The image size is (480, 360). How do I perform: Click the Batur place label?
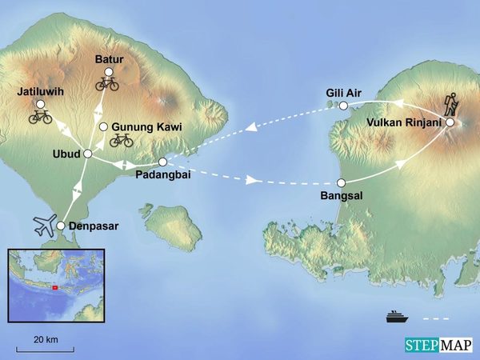(x=108, y=59)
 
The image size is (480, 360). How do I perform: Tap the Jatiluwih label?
(x=40, y=92)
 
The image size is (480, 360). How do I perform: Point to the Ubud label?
(x=67, y=154)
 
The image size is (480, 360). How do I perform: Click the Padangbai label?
(x=162, y=175)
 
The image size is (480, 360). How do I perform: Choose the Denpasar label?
(x=94, y=226)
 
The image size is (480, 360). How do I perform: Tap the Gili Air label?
(x=344, y=92)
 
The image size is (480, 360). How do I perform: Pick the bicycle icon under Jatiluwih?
(x=40, y=117)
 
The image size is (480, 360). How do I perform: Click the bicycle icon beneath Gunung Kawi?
(x=122, y=141)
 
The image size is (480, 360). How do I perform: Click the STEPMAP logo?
(x=438, y=344)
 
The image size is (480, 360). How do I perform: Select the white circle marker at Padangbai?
(x=162, y=162)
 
